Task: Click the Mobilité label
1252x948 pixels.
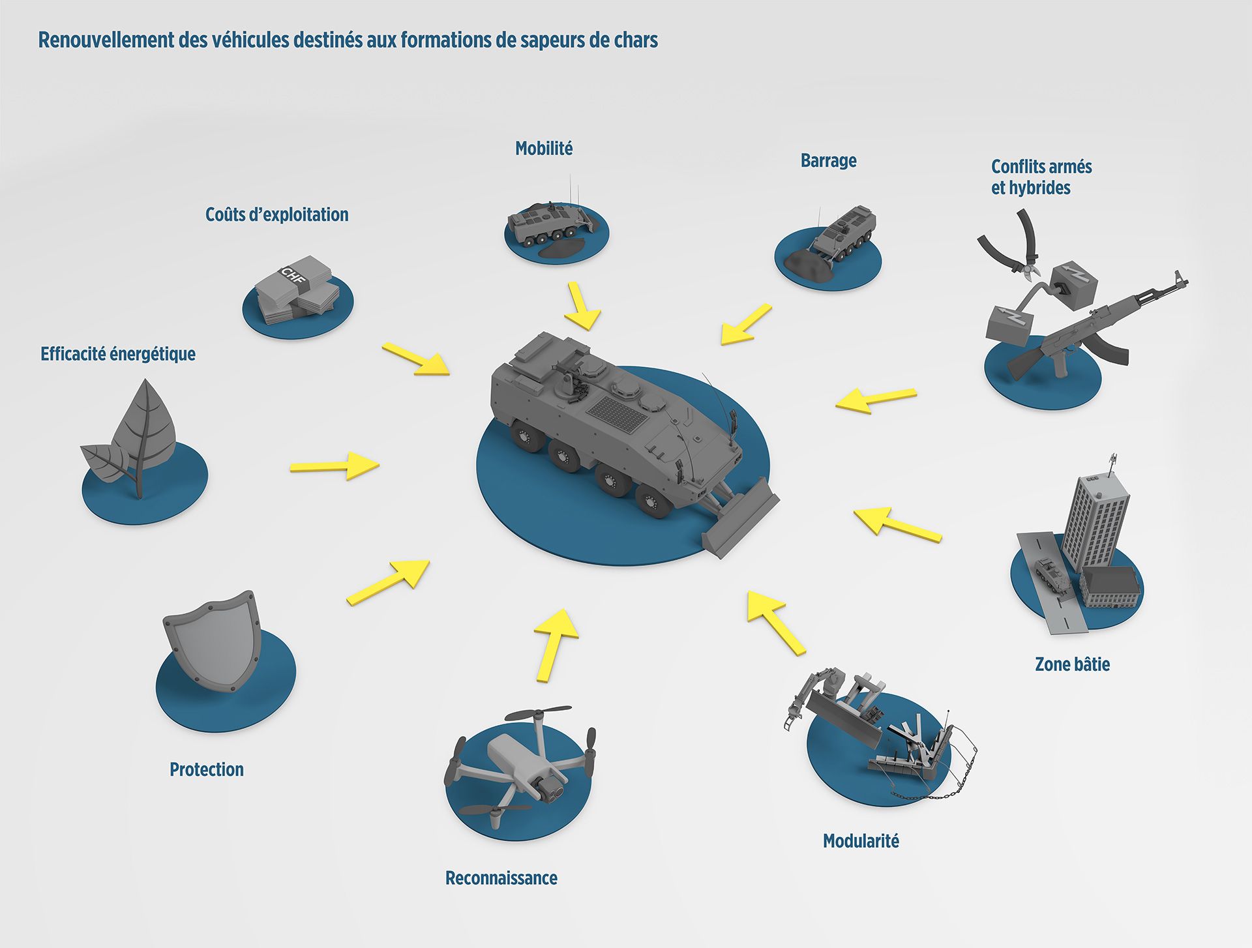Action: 544,149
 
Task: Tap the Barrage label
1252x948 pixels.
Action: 828,160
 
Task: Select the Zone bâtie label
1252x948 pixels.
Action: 1072,664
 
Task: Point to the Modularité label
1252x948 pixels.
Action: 861,841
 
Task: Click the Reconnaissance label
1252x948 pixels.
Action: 501,878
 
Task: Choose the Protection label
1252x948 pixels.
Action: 206,769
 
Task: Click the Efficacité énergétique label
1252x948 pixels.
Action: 118,354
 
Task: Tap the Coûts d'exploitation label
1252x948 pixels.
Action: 276,215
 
